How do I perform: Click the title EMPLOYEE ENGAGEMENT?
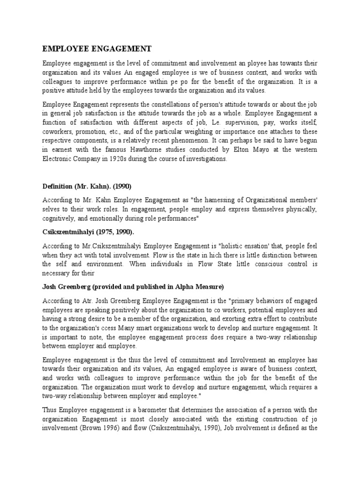click(x=97, y=48)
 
